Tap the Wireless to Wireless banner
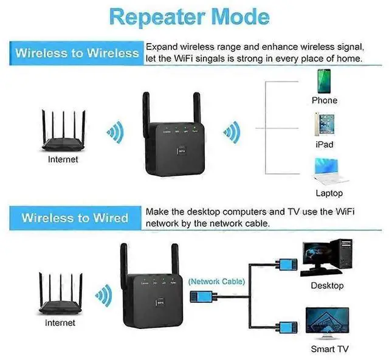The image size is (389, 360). (x=77, y=53)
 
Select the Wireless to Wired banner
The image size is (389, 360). (x=75, y=218)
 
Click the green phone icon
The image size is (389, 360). (x=324, y=81)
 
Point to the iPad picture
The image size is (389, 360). (x=324, y=125)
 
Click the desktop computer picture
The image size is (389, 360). (x=326, y=258)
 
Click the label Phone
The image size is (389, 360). (x=324, y=100)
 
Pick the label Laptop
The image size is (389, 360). (x=329, y=193)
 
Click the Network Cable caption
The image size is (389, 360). (x=216, y=282)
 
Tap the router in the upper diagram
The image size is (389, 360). (x=63, y=133)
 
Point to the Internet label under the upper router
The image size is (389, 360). (x=63, y=159)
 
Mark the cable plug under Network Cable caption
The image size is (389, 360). (x=201, y=296)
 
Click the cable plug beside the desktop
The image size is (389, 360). (x=287, y=263)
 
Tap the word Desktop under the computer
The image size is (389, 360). (x=327, y=285)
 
